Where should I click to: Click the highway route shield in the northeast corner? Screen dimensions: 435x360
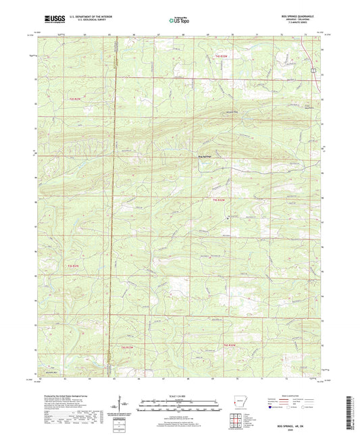[x=313, y=69]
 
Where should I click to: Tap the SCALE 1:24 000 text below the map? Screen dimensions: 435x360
[x=179, y=396]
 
